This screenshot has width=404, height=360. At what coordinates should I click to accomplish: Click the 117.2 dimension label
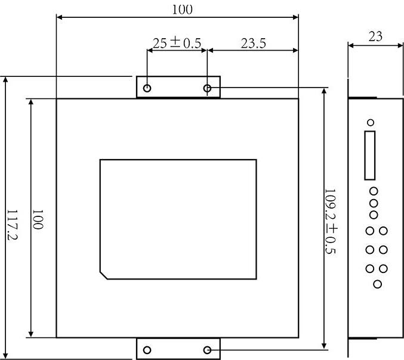tap(12, 225)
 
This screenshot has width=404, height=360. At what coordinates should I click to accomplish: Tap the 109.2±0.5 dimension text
tap(331, 222)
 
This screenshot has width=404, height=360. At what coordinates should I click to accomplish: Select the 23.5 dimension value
tap(253, 44)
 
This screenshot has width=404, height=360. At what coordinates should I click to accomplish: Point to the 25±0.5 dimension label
tap(177, 43)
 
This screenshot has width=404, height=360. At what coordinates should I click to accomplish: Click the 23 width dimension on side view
tap(375, 36)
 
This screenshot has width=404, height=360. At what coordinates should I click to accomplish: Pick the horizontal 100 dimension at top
tap(182, 10)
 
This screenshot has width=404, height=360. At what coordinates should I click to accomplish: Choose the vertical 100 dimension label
tap(38, 219)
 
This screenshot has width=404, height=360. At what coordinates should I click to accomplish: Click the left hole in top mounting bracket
tap(147, 88)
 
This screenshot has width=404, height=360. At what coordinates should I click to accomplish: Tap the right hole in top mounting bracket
tap(208, 88)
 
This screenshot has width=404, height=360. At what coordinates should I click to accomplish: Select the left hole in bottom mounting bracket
tap(147, 350)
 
